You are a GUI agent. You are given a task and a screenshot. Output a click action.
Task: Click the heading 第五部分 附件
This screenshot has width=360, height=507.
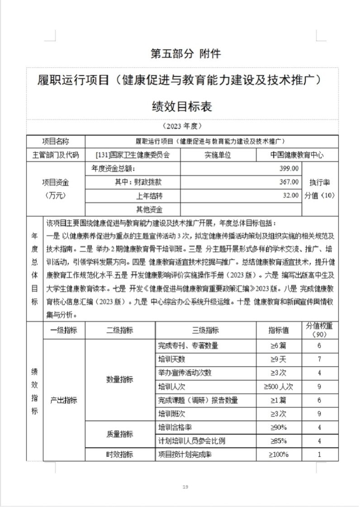pos(185,54)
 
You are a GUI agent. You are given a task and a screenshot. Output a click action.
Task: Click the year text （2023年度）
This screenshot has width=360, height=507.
pos(181,125)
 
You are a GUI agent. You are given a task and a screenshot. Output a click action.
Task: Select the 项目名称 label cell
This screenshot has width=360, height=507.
pos(56,141)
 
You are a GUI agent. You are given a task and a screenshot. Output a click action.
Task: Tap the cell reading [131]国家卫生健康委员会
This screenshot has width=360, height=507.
pos(133,155)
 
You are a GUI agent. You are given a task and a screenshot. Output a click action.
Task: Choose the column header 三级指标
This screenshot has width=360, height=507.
pos(206,330)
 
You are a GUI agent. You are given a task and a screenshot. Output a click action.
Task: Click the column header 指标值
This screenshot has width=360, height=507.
pos(279,330)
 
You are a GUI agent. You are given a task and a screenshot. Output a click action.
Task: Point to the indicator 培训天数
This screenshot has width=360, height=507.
pos(172,360)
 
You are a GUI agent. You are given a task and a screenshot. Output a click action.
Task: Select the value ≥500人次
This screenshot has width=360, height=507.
pos(279,387)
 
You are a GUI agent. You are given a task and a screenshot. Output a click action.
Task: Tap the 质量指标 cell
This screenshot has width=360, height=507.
pos(120,434)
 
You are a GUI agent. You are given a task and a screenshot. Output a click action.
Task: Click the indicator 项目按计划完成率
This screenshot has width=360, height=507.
pos(185,454)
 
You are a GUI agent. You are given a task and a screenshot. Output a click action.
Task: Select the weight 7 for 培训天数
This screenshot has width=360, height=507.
pos(319,360)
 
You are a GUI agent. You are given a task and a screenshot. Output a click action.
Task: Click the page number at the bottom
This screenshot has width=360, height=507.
pos(185,487)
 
